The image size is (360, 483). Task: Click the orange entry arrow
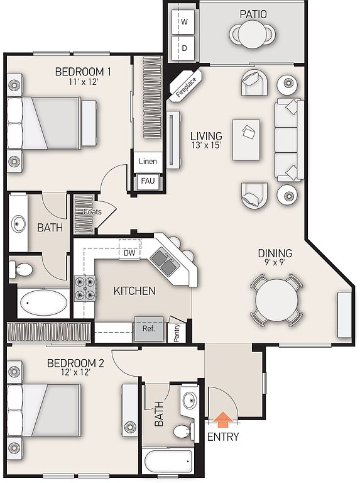coord(223,420)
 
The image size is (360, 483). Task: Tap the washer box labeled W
coord(183,22)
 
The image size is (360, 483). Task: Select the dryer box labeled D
coord(183,48)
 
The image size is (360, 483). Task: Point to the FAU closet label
coord(148,180)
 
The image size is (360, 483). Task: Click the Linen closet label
coord(148,161)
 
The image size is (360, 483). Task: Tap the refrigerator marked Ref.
coord(149,329)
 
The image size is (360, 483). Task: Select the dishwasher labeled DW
coord(129,253)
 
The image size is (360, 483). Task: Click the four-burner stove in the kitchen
coord(85,288)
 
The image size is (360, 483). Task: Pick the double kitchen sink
coord(163,261)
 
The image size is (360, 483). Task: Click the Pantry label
coord(177,333)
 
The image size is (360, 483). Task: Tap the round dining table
coord(276,300)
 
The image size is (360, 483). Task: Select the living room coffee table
coord(246,140)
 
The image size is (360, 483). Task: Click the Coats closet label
coord(92,211)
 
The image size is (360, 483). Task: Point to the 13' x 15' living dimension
coord(207,145)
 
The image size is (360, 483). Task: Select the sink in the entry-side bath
coord(190,401)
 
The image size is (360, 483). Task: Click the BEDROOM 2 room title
coord(75,363)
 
